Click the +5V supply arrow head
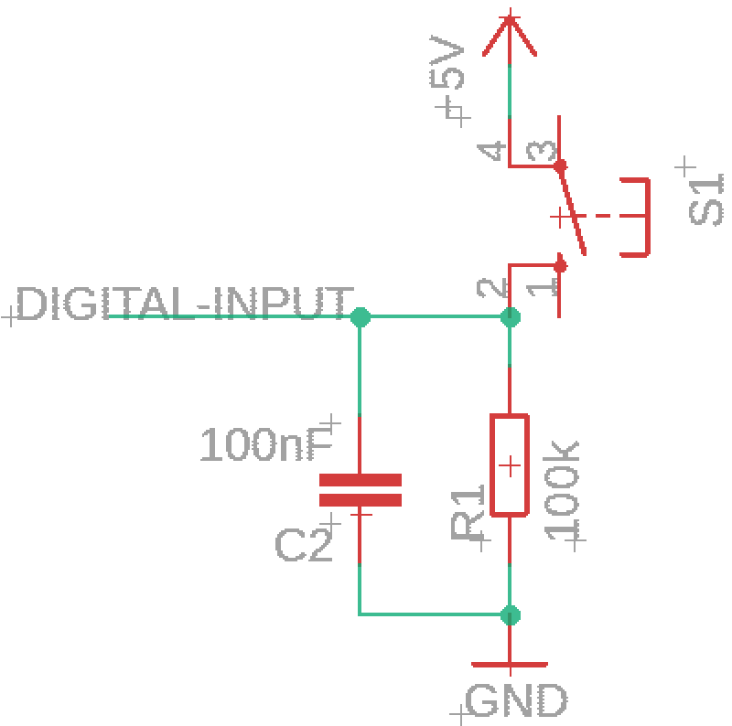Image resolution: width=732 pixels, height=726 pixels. (510, 35)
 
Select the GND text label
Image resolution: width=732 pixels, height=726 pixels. (516, 699)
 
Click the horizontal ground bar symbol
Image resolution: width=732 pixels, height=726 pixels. (510, 665)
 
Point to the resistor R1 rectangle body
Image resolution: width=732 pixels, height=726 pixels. (510, 465)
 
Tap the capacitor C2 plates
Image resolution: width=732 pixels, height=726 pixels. (361, 490)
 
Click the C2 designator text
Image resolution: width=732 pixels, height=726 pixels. (304, 545)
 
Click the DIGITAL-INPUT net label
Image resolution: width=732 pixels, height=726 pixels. (186, 304)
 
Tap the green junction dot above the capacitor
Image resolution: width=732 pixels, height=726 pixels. (361, 317)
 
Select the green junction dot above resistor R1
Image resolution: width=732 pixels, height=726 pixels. (511, 317)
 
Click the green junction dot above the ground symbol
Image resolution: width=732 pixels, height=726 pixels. (511, 615)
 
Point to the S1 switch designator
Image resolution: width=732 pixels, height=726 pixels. (705, 199)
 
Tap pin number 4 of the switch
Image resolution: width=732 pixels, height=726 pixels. (491, 151)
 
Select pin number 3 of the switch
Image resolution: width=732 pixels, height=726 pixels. (542, 151)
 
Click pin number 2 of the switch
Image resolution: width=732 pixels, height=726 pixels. (491, 288)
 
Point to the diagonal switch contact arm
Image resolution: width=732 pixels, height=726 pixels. (573, 211)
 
